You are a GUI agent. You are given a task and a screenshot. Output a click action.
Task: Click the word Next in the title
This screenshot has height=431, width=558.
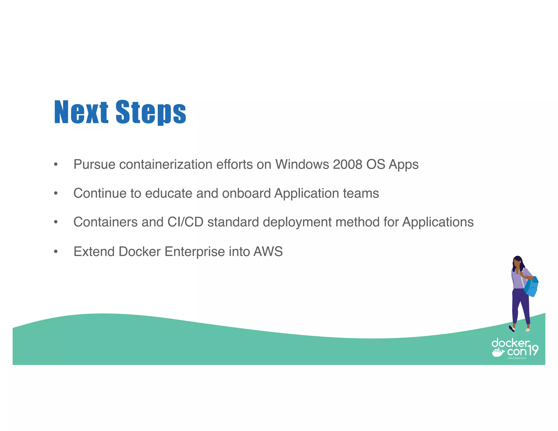[81, 112]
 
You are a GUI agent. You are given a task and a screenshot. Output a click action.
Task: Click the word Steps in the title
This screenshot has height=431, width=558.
[151, 112]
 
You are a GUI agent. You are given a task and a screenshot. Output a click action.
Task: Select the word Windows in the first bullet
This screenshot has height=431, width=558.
[302, 164]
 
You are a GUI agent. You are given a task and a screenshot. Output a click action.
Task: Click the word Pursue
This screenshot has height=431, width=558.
[94, 164]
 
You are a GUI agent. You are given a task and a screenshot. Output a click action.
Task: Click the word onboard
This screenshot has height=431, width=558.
[246, 193]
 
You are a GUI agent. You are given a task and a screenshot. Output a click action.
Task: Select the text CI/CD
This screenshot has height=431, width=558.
[185, 222]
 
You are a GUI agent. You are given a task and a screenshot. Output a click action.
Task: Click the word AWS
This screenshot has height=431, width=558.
[268, 251]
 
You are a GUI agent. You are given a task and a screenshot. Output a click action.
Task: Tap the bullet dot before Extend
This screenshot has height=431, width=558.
[56, 251]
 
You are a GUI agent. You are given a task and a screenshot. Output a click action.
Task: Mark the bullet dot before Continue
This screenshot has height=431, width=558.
[56, 193]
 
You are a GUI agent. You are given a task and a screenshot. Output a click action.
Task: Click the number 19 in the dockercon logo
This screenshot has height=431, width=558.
[532, 350]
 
